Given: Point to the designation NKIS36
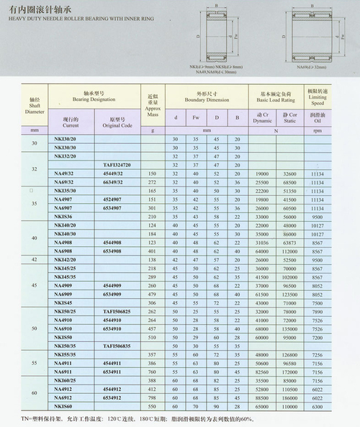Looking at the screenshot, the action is [64, 215].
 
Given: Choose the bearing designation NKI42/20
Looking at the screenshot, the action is [66, 259].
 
